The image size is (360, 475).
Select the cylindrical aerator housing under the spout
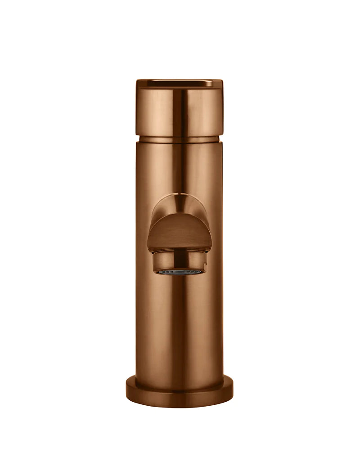[179, 260]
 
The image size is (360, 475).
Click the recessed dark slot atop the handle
[179, 83]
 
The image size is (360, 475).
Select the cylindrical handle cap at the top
[179, 110]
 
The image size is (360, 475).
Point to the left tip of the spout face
[148, 245]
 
